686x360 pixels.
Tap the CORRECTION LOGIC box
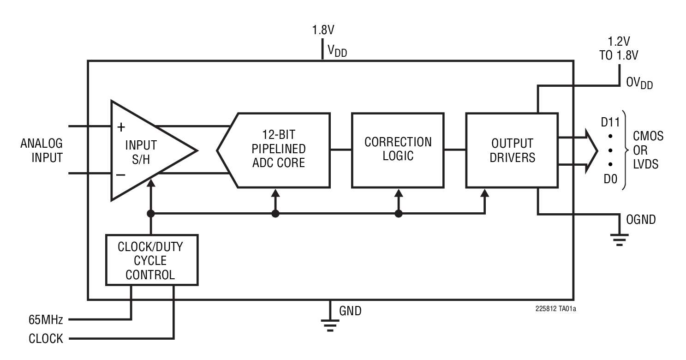398,149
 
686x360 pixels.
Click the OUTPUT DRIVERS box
512,150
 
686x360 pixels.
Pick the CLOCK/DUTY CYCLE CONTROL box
151,260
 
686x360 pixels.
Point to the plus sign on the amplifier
121,126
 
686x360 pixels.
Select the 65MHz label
45,319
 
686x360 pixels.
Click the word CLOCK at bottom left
45,339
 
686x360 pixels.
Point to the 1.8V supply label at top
323,30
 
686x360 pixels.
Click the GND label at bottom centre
351,311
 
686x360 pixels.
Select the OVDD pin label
639,84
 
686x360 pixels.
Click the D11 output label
610,124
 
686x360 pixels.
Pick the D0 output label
610,179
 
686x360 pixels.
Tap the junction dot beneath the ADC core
275,214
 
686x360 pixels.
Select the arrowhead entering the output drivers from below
484,192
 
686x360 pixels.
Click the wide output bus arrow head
592,150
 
